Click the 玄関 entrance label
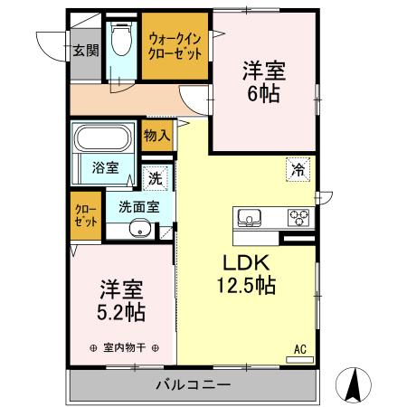click(86, 50)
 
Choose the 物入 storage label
click(156, 137)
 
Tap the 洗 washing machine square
click(156, 178)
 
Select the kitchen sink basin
click(250, 218)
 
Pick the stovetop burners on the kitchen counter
click(298, 218)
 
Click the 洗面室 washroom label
click(139, 206)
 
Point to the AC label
click(298, 348)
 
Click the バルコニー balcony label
click(192, 384)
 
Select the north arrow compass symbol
click(354, 385)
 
